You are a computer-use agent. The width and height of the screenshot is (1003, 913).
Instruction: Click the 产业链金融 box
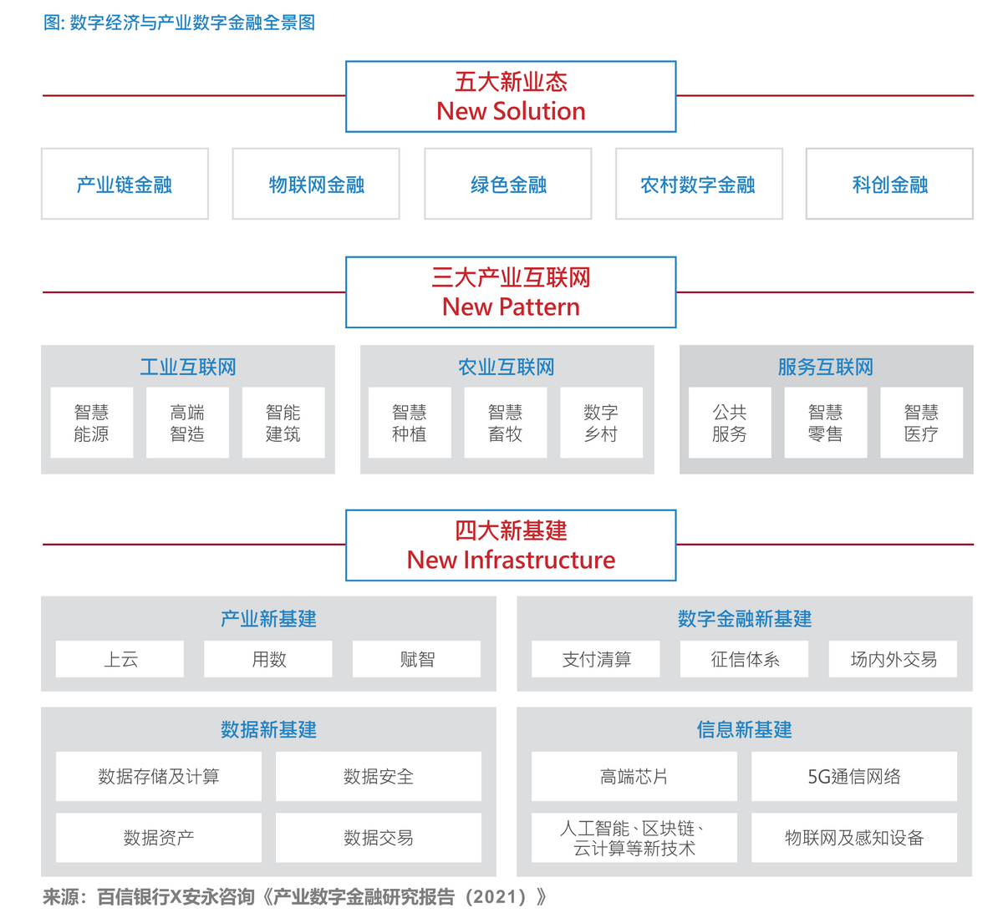pyautogui.click(x=125, y=185)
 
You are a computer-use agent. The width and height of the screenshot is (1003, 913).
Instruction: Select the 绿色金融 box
pyautogui.click(x=508, y=185)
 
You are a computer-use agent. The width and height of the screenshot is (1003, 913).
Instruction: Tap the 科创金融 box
pyautogui.click(x=889, y=185)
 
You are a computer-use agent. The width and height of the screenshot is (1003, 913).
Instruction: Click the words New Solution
pyautogui.click(x=511, y=111)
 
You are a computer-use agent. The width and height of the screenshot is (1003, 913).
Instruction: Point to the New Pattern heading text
pyautogui.click(x=511, y=307)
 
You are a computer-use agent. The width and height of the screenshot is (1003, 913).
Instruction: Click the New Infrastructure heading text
pyautogui.click(x=511, y=560)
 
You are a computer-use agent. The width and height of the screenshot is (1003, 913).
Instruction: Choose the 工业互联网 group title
pyautogui.click(x=188, y=367)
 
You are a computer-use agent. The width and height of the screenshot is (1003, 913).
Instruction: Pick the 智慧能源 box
pyautogui.click(x=92, y=423)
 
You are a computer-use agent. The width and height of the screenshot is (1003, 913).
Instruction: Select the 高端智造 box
pyautogui.click(x=187, y=423)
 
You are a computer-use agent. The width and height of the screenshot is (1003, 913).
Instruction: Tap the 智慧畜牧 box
pyautogui.click(x=506, y=423)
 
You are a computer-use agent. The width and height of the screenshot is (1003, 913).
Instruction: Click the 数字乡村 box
pyautogui.click(x=601, y=423)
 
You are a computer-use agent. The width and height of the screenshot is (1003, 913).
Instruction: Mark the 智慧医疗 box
pyautogui.click(x=921, y=423)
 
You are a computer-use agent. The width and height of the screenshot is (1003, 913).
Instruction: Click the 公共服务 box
pyautogui.click(x=730, y=423)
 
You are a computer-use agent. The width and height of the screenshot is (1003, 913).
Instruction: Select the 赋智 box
pyautogui.click(x=417, y=659)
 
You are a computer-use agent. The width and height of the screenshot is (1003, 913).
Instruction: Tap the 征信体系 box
pyautogui.click(x=745, y=659)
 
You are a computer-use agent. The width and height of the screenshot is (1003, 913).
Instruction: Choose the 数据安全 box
pyautogui.click(x=379, y=776)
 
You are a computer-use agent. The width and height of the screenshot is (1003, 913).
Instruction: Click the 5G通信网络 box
pyautogui.click(x=854, y=776)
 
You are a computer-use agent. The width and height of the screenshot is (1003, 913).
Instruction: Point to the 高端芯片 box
pyautogui.click(x=634, y=776)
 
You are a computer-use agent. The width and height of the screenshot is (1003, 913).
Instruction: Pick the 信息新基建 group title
pyautogui.click(x=744, y=729)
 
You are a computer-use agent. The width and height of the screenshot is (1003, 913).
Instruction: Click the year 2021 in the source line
pyautogui.click(x=494, y=897)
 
